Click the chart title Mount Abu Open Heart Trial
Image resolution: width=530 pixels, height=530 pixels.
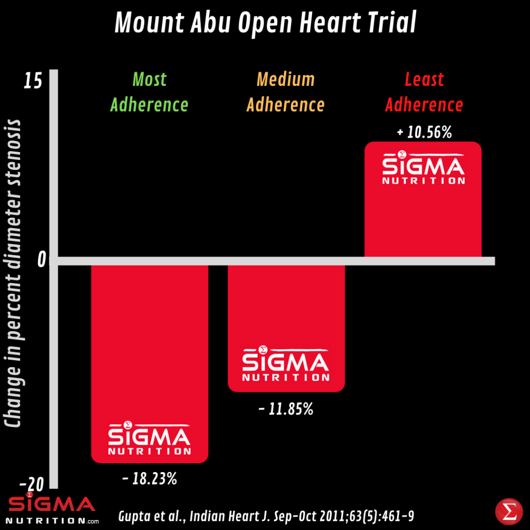(265, 24)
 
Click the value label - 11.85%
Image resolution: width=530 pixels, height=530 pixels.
(286, 410)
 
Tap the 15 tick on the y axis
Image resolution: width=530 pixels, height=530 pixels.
(33, 82)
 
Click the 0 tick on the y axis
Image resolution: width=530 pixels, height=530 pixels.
(42, 260)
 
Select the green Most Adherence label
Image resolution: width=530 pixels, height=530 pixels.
(150, 92)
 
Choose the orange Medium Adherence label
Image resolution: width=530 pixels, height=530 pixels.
(286, 92)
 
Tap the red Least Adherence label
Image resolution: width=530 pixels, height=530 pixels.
(424, 92)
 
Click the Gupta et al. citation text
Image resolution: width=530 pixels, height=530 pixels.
(266, 516)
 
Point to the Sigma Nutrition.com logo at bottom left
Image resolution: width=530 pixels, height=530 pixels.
(52, 510)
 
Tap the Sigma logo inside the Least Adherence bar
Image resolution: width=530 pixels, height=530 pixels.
(423, 168)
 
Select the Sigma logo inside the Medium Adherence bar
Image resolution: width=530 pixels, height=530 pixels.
(286, 364)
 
